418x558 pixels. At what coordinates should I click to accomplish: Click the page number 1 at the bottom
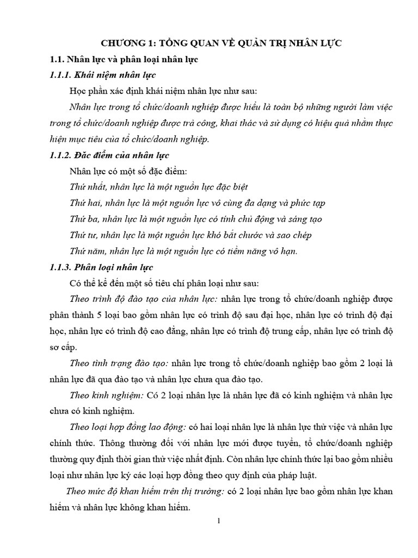[x=219, y=521]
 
